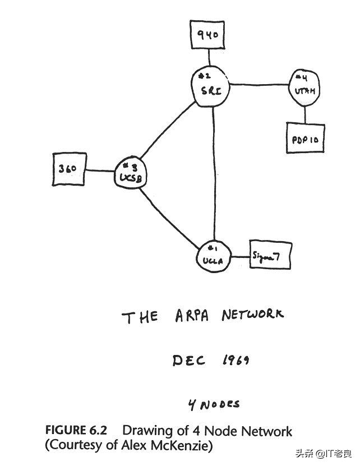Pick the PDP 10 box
coord(305,139)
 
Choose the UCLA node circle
coord(213,257)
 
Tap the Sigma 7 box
coord(270,257)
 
